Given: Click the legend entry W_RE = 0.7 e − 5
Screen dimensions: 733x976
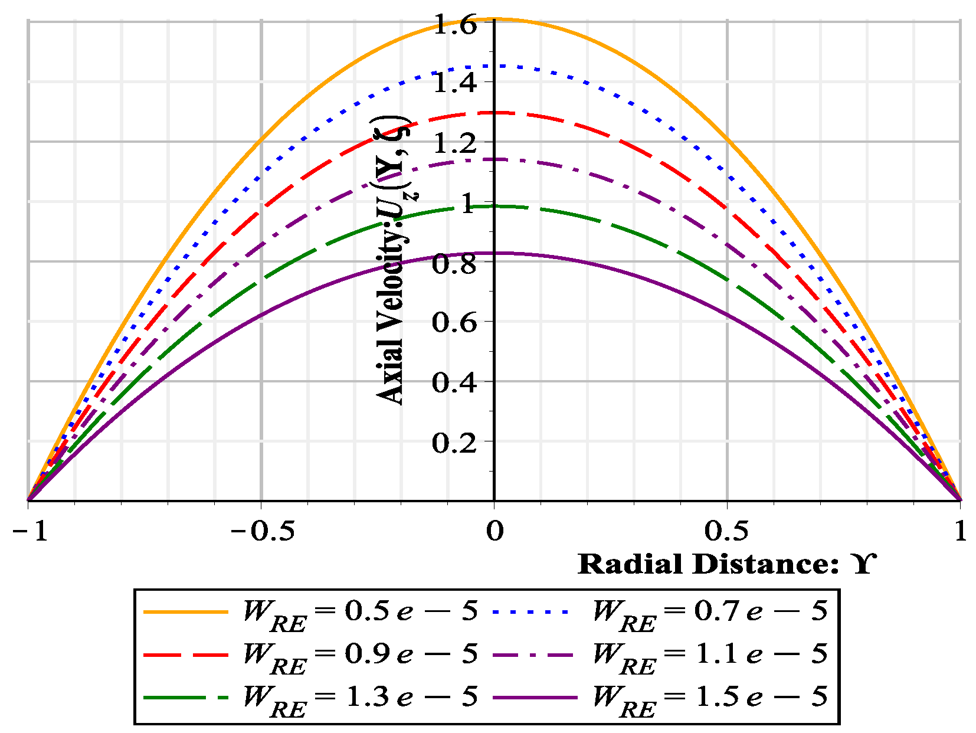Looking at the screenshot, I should coord(710,611).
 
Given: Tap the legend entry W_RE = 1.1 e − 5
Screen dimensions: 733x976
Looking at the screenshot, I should coord(710,655).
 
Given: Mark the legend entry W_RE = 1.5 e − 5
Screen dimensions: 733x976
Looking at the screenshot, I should coord(710,698).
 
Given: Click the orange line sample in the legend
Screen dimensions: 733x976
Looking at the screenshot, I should coord(185,612).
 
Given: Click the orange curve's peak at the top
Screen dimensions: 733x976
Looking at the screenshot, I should coord(494,19).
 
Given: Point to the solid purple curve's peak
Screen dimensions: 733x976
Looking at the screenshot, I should coord(494,253).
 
